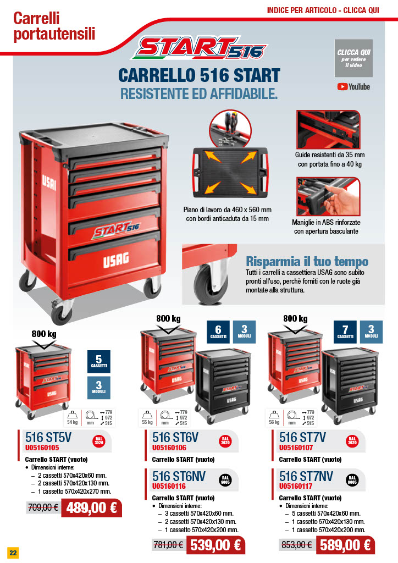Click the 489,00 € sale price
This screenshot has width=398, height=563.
tap(91, 507)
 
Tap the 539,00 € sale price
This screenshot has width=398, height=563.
tap(215, 545)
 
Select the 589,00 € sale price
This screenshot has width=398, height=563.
tap(345, 545)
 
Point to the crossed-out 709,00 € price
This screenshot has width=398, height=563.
tap(43, 507)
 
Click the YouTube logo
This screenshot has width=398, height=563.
tap(353, 86)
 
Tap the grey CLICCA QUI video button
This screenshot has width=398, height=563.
tap(353, 58)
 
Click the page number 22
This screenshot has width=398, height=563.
tap(13, 553)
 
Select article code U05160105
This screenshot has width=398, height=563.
tap(42, 448)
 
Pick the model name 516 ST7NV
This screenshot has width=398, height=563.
tap(306, 476)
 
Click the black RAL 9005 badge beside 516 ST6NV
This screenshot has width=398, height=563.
tap(225, 479)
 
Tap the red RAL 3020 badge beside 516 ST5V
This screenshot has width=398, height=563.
tap(99, 441)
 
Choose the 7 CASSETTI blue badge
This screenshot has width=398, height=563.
tap(345, 332)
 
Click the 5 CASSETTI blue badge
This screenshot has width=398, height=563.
tap(99, 361)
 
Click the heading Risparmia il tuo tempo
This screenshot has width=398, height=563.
tap(307, 261)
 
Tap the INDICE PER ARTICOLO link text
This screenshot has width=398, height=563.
tap(302, 10)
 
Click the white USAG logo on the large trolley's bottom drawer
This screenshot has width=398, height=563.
tap(116, 260)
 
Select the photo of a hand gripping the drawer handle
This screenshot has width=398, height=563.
tap(328, 196)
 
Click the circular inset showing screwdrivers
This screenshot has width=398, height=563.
tap(230, 129)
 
